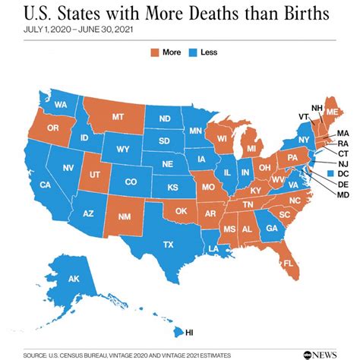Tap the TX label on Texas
pos(168,244)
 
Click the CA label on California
pos(45,185)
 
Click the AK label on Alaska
pos(74,279)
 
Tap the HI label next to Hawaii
pos(189,332)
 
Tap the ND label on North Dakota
pos(164,119)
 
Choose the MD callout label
pos(343,195)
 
